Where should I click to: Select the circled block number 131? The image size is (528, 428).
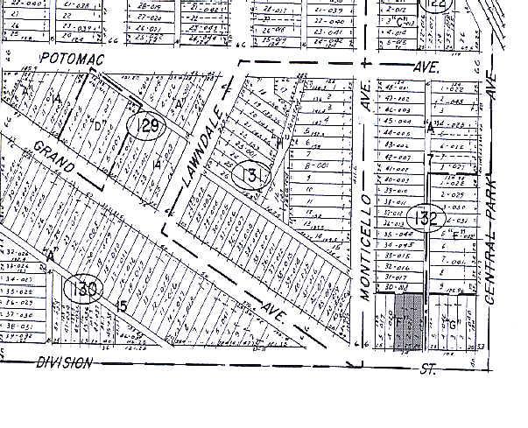coord(250,176)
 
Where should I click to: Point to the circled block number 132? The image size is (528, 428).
coord(429,215)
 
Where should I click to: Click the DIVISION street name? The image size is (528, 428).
coord(66,361)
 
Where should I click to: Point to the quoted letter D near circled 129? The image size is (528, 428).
coord(99,126)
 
